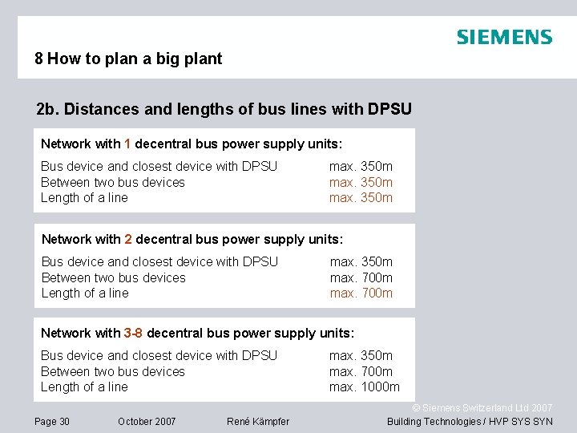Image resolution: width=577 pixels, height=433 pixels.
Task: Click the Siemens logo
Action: coord(504,37)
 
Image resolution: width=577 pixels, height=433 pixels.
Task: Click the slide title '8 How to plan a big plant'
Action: coord(128,59)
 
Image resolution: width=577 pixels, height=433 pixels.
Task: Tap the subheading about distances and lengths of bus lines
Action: coord(224,109)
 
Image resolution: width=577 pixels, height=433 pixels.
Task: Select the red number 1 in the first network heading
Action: coord(128,144)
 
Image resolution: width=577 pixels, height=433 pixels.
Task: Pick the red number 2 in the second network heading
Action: coord(128,240)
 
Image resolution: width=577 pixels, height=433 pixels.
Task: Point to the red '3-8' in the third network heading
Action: coord(134,334)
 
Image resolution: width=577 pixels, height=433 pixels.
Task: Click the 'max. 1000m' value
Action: coord(365,387)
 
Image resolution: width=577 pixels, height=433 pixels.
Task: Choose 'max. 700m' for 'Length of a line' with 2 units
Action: coord(361,293)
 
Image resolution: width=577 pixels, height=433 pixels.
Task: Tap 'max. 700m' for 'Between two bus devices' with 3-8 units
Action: coord(361,371)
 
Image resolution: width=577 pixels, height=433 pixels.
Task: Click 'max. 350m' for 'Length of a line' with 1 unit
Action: coord(361,198)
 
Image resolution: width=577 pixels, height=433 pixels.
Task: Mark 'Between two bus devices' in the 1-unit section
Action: coord(113,182)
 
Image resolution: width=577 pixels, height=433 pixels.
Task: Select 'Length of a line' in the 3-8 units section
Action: coord(84,387)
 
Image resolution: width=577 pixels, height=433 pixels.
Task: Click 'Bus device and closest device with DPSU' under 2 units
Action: coord(159,262)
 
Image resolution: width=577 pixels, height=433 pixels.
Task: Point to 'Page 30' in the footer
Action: coord(52,422)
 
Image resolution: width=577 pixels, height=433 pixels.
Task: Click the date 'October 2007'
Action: coord(147,422)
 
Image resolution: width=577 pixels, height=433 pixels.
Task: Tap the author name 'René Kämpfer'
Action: coord(258,422)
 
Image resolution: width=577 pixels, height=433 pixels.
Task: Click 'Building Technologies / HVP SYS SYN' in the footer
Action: coord(470,422)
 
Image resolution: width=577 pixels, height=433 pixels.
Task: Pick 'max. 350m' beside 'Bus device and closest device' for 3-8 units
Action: coord(361,356)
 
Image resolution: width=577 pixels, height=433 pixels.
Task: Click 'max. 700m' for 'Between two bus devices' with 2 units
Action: coord(361,278)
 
